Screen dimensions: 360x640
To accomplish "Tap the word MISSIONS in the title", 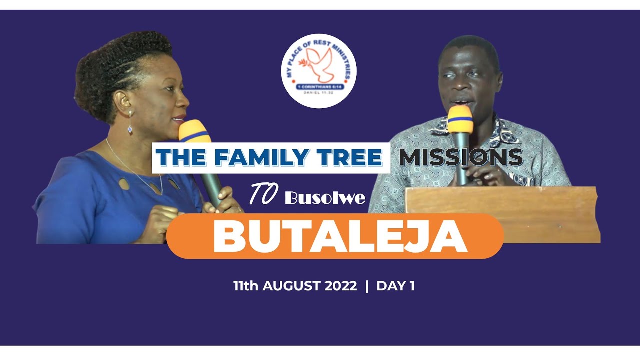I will pos(460,158).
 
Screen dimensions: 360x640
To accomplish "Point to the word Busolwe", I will pos(325,198).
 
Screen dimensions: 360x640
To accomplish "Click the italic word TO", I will pos(263,196).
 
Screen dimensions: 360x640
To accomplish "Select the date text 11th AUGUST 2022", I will pos(295,286).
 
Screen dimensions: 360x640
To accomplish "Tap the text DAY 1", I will pos(395,286).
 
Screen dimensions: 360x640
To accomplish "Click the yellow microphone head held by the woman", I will pos(194,131).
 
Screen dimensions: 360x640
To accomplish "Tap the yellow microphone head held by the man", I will pos(460,119).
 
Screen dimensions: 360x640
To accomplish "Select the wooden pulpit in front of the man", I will pos(502,214).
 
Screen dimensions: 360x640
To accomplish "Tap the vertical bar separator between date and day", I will pos(367,286).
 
